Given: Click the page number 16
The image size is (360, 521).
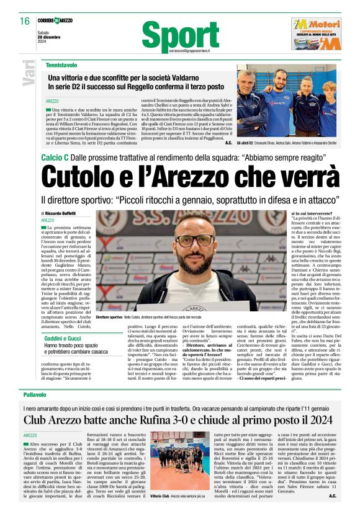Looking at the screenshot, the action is (x=24, y=21).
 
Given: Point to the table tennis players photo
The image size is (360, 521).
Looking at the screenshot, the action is (x=285, y=99).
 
